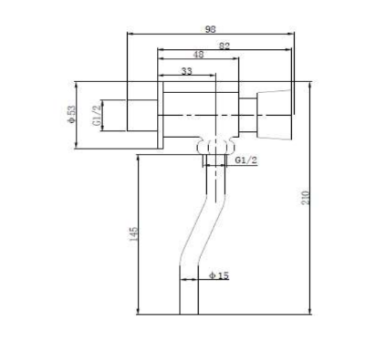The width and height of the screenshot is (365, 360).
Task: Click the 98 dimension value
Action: [211, 29]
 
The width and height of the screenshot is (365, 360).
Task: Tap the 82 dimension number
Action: [224, 46]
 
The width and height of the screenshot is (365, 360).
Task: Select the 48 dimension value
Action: [198, 55]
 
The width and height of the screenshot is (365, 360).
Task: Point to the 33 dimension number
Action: [187, 71]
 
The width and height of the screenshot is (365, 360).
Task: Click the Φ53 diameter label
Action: [71, 114]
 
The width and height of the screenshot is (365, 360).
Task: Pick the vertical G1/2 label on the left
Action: [97, 116]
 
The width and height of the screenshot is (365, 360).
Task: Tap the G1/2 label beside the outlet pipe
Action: [246, 160]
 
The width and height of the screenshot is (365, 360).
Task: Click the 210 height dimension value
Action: [305, 198]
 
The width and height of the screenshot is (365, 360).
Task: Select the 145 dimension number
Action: [133, 234]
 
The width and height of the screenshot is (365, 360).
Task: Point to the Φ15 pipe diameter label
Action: [219, 275]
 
